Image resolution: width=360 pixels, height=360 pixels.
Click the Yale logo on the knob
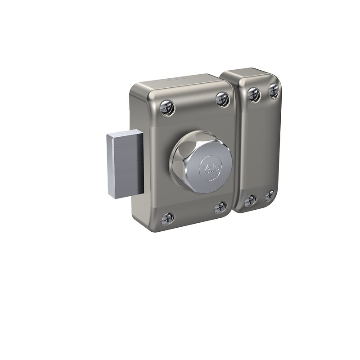click(211, 168)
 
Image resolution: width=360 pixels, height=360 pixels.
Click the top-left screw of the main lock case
click(167, 108)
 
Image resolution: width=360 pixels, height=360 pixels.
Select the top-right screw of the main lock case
click(222, 99)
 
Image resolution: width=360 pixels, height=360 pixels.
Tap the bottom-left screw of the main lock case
click(167, 219)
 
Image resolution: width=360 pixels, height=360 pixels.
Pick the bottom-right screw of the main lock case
click(220, 207)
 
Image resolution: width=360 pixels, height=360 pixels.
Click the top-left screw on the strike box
click(254, 94)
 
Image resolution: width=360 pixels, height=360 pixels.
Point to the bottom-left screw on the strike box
click(250, 201)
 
